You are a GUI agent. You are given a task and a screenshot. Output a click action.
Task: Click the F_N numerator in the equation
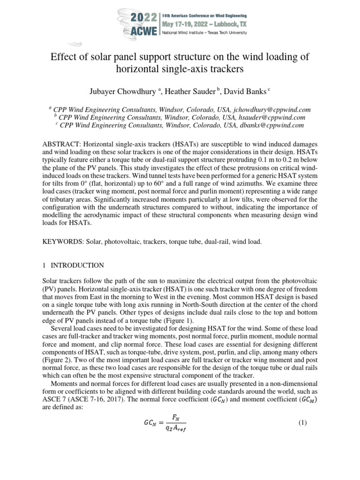tap(176, 417)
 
